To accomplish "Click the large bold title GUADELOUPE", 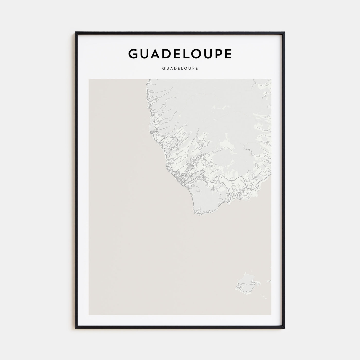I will (x=180, y=53).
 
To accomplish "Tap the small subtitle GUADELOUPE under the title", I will (x=180, y=69).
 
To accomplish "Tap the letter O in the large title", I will (x=201, y=53).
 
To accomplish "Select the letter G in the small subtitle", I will (x=164, y=69).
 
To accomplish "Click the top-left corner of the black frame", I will (x=76, y=32).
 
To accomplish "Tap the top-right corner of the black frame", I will (x=284, y=32).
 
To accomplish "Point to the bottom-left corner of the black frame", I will (x=76, y=328).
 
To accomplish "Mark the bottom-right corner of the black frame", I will (x=284, y=328).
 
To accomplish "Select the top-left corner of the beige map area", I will (x=89, y=79).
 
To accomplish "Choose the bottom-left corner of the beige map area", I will (x=89, y=314).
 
